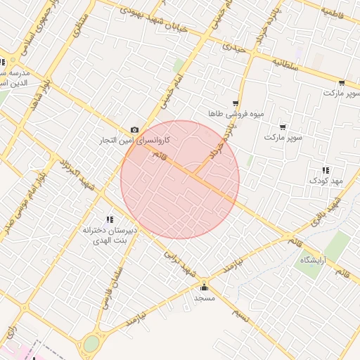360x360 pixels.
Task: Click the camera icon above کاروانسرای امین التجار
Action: click(134, 130)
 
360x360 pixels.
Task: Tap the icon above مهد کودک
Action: click(326, 170)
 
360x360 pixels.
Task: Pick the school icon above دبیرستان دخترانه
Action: click(109, 219)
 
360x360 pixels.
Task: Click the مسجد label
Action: click(204, 298)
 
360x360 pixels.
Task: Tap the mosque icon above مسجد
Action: click(205, 286)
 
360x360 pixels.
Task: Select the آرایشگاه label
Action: click(316, 261)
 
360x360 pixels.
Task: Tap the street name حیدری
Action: click(236, 48)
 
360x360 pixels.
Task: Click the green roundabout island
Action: click(91, 344)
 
